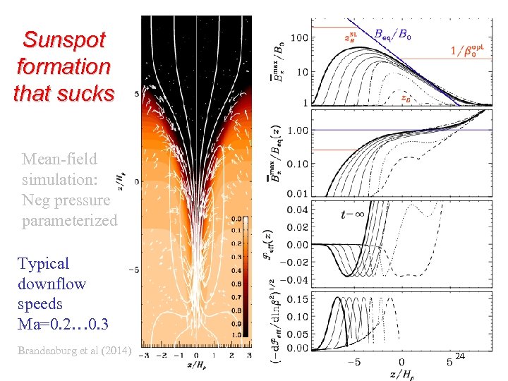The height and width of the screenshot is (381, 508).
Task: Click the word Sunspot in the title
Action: [64, 39]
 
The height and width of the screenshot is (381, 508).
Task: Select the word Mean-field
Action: [59, 159]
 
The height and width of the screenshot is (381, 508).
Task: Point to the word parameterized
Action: [69, 221]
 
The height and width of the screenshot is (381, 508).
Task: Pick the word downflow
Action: [52, 284]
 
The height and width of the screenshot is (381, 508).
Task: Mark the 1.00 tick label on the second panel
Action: [297, 131]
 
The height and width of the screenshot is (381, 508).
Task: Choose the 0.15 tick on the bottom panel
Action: [298, 298]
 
